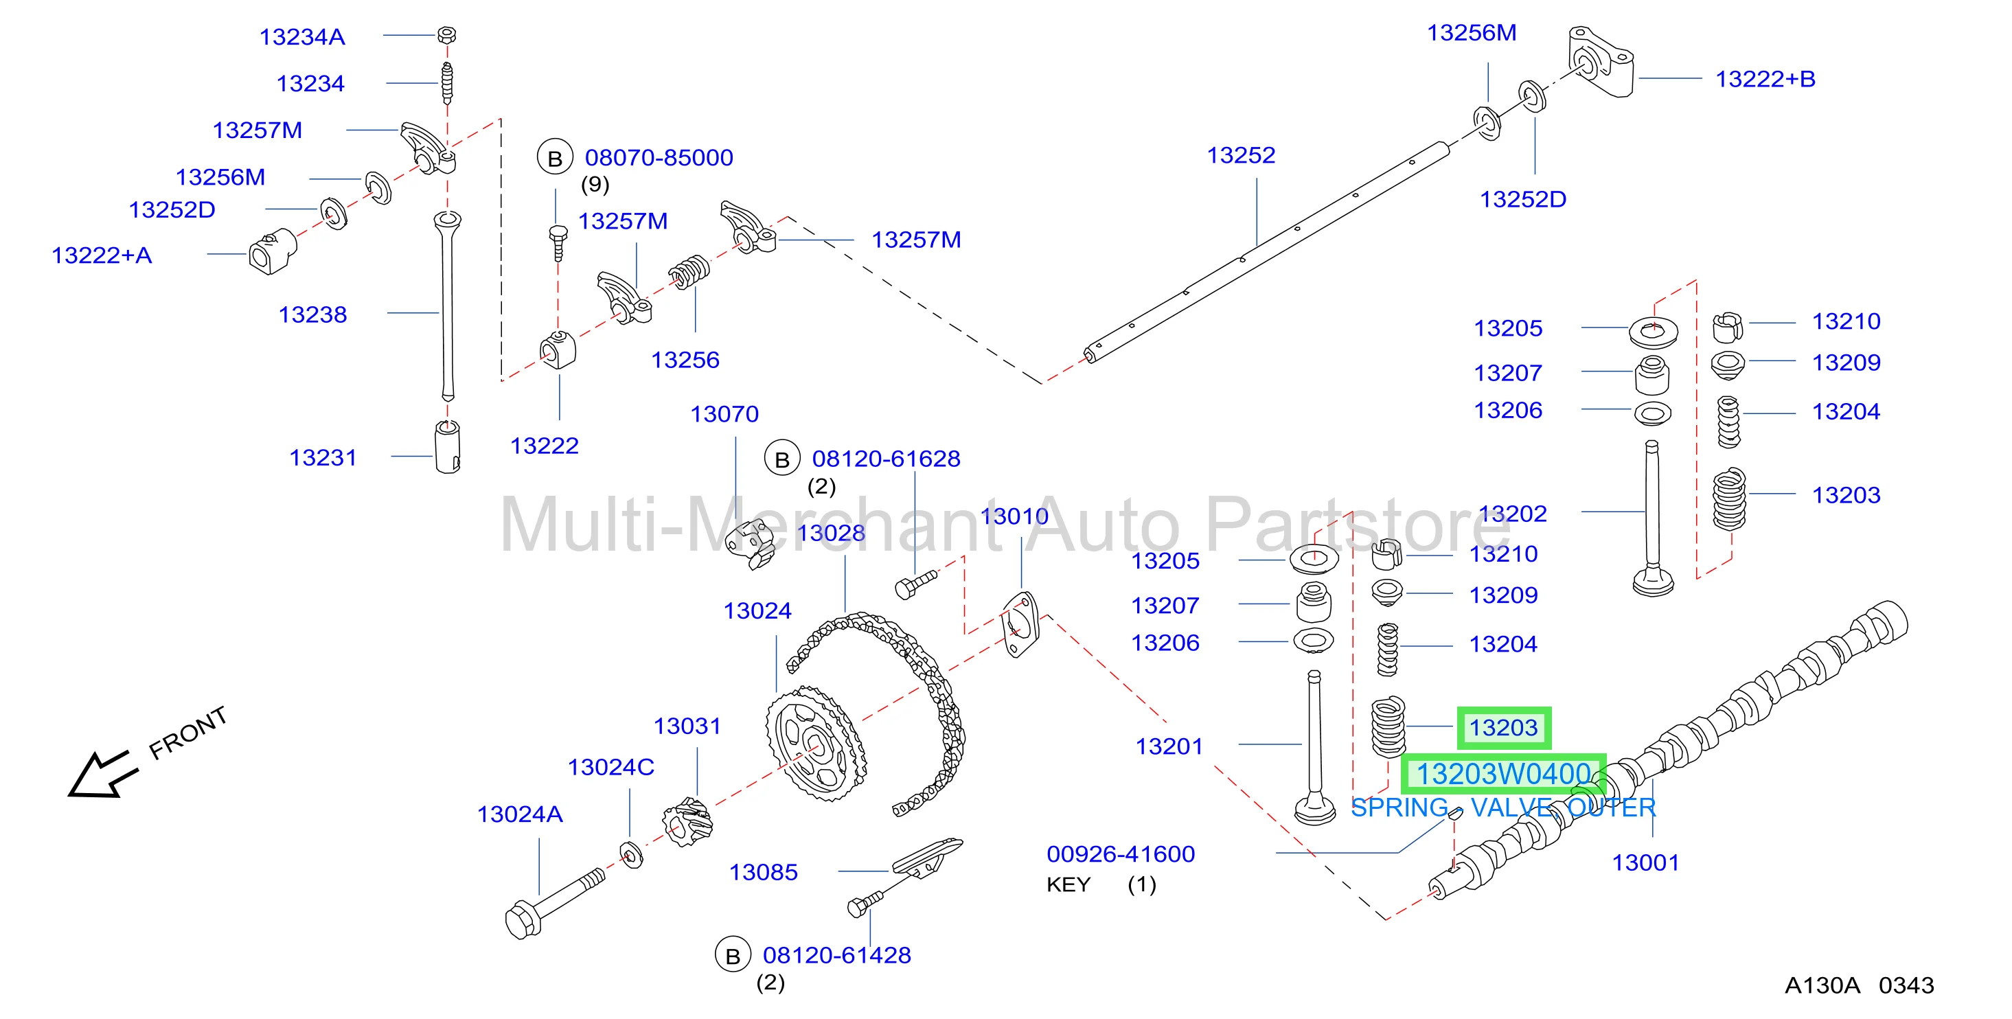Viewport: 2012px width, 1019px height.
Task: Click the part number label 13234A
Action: point(301,36)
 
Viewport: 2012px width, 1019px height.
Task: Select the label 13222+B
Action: point(1765,79)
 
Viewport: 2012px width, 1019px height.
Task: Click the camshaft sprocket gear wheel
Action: point(815,742)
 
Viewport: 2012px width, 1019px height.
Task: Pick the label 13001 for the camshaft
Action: point(1646,863)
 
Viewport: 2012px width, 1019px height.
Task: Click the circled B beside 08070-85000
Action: point(555,159)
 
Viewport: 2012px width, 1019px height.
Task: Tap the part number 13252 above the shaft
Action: point(1241,155)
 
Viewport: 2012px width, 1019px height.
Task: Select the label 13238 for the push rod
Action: point(312,314)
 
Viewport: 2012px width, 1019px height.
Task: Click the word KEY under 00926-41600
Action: point(1068,884)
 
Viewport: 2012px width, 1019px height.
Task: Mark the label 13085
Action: point(763,872)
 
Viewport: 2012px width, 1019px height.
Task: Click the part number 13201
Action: point(1169,746)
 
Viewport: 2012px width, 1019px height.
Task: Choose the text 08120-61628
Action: point(886,459)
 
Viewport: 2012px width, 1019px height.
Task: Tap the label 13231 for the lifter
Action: point(323,457)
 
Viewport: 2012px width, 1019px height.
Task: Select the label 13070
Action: point(724,414)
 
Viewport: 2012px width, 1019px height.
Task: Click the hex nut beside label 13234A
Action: point(447,35)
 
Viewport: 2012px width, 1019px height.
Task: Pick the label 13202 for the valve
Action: point(1513,514)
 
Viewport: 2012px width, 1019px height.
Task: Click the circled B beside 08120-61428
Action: point(733,956)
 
